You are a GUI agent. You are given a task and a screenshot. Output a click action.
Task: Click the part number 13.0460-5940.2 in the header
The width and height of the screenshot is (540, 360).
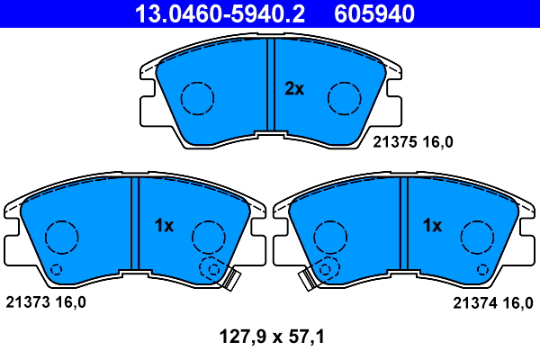click(x=220, y=13)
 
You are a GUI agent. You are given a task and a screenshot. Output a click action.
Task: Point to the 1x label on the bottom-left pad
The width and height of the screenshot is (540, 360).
click(x=163, y=226)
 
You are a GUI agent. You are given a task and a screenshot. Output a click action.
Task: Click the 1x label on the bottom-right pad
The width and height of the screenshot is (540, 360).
click(x=433, y=226)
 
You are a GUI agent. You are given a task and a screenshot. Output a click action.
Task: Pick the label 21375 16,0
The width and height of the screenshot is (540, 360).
click(x=413, y=141)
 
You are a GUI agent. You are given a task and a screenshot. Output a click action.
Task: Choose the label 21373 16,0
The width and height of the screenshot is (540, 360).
click(x=46, y=302)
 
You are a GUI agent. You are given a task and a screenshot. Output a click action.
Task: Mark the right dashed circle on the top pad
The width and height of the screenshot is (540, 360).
click(x=344, y=97)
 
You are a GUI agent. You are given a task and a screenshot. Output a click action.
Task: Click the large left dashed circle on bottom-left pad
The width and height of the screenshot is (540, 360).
click(x=61, y=237)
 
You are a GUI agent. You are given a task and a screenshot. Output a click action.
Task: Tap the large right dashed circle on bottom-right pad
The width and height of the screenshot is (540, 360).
click(x=477, y=237)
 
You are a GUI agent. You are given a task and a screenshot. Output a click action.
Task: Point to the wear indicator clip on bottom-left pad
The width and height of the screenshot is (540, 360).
click(x=231, y=280)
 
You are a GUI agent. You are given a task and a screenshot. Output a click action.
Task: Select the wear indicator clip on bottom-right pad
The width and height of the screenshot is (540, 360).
click(x=308, y=280)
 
